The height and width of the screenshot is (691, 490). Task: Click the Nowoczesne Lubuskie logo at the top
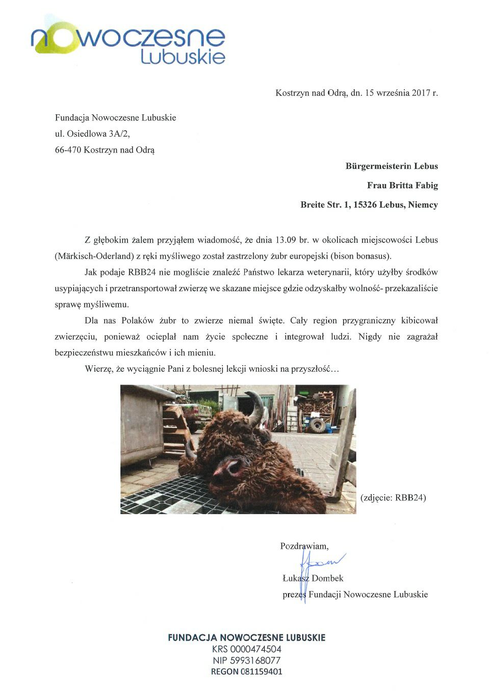pos(127,41)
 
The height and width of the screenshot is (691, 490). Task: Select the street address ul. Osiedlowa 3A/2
pos(95,134)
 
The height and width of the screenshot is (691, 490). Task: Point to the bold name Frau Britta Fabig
pos(402,185)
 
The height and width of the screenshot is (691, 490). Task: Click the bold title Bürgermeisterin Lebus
pos(392,166)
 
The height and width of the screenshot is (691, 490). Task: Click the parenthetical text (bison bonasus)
pos(360,256)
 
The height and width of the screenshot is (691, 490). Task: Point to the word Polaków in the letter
pos(137,321)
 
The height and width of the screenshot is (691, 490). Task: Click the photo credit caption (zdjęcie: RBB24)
pos(393,497)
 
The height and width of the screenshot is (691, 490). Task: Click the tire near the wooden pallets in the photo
pos(317,424)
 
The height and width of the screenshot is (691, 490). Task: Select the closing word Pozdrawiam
pos(304,546)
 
